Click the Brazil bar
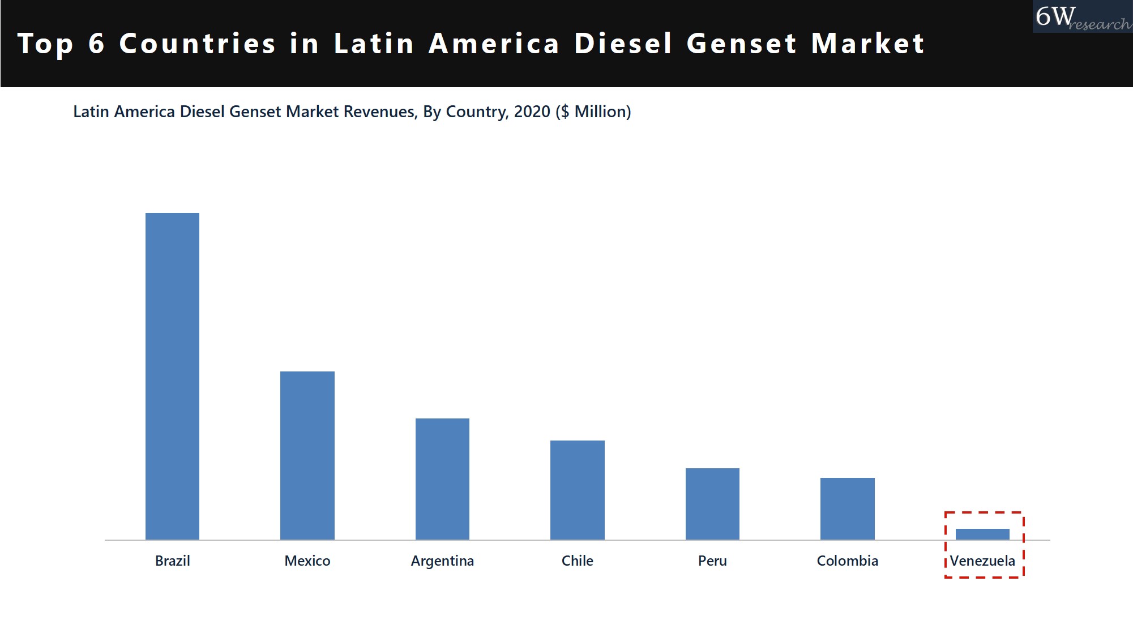172,376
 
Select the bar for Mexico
307,455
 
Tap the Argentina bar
442,478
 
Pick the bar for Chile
577,490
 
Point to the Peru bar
712,503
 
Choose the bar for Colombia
847,508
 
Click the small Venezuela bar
982,534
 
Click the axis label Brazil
172,561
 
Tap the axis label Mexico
307,561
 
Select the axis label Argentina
442,561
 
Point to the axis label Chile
577,561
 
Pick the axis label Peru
712,561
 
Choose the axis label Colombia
847,561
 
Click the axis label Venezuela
982,561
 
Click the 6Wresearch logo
1081,17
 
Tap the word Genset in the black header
742,44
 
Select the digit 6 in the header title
97,44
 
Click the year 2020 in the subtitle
532,112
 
